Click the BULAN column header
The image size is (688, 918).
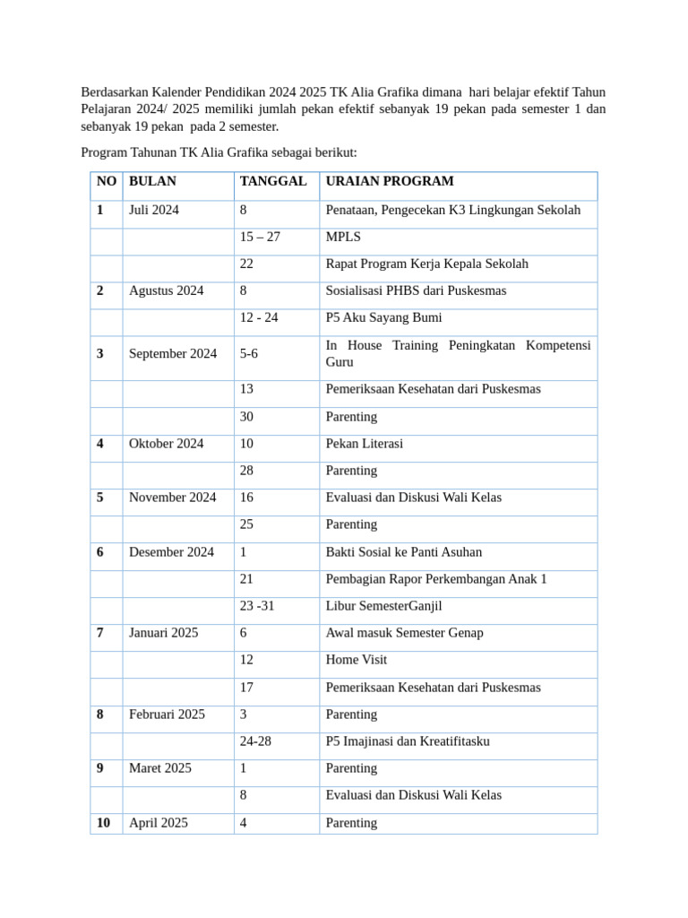click(153, 181)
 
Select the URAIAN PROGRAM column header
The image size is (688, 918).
click(390, 181)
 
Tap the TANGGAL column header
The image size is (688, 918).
click(273, 181)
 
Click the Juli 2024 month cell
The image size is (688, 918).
click(154, 210)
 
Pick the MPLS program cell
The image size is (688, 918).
click(344, 237)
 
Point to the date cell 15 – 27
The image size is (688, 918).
click(260, 237)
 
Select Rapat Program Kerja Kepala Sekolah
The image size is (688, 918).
click(427, 264)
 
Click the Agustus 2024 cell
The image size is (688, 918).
click(167, 290)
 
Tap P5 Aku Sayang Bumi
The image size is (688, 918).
click(383, 317)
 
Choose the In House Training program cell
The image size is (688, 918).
click(458, 353)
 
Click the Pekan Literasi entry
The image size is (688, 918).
click(365, 443)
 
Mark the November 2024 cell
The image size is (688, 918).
click(173, 497)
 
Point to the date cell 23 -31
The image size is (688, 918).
click(257, 606)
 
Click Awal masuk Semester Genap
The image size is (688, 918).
click(405, 633)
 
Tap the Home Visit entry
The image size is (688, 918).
click(357, 660)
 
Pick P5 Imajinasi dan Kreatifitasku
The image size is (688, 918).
click(408, 741)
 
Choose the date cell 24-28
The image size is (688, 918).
click(255, 741)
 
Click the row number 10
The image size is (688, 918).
click(104, 822)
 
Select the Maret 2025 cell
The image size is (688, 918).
click(160, 768)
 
